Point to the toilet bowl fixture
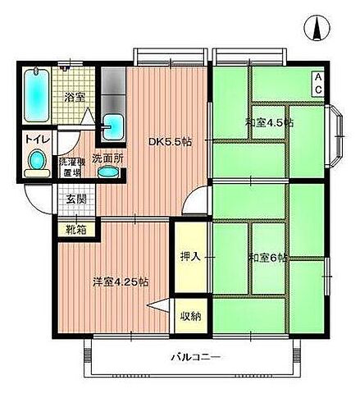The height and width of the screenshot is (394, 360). click(x=34, y=167)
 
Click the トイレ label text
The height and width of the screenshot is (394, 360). click(x=34, y=140)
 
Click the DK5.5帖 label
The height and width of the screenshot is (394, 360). click(x=170, y=142)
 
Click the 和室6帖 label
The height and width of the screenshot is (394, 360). click(x=267, y=258)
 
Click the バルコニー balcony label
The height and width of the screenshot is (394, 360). click(x=189, y=357)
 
